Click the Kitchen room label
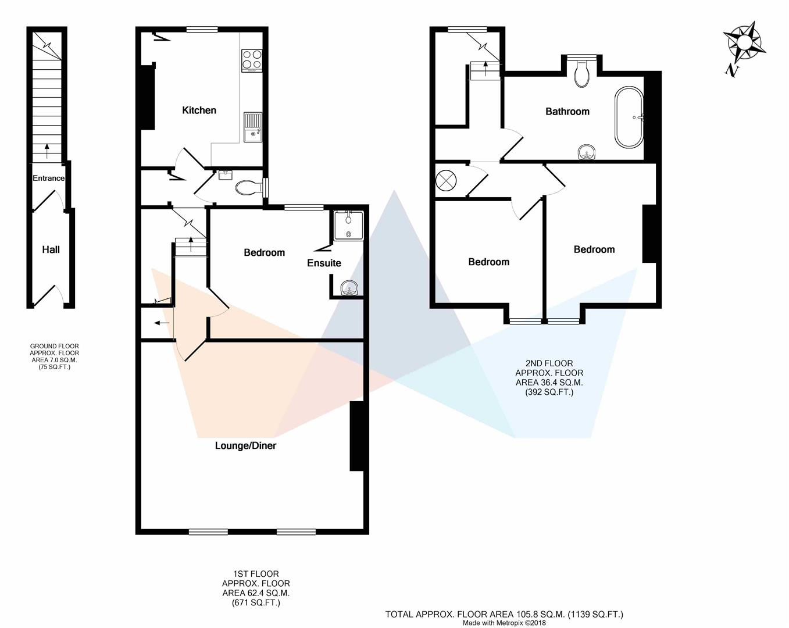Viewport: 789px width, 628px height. [x=199, y=110]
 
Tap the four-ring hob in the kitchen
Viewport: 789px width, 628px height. [x=252, y=59]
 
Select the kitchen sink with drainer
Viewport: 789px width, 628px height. [x=252, y=127]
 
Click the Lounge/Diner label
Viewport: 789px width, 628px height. [x=245, y=446]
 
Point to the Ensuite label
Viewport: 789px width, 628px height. [x=324, y=263]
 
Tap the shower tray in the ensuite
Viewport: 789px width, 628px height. [x=348, y=226]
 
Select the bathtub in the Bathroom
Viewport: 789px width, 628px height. [x=629, y=117]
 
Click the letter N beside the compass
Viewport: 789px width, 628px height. [x=731, y=71]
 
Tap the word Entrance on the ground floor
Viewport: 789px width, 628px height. [x=48, y=179]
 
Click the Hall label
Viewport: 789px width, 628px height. [x=51, y=250]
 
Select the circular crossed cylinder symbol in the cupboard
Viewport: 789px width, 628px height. [x=447, y=180]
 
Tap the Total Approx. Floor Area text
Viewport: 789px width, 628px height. [x=504, y=614]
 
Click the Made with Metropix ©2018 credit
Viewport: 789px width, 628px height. [x=504, y=623]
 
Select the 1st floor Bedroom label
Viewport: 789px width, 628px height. [x=264, y=253]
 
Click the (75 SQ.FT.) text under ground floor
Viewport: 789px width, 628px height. [x=54, y=367]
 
